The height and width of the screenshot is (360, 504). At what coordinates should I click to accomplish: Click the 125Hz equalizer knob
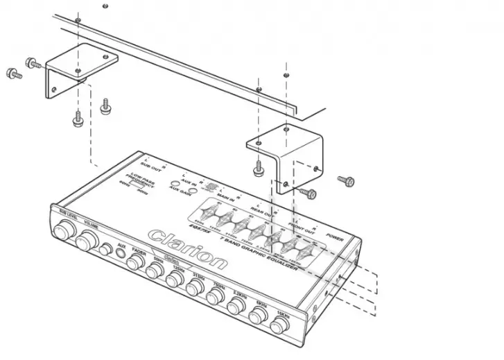174,280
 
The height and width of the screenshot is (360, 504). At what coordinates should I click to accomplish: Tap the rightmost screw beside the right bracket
347,180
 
